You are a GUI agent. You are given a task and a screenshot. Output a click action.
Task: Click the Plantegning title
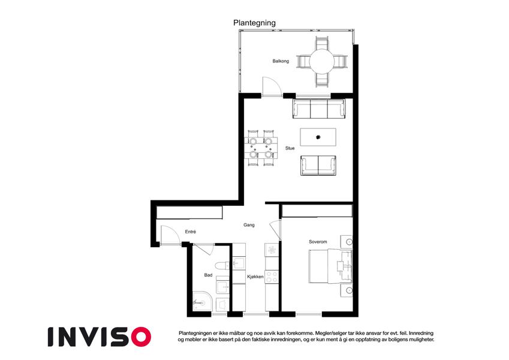pyautogui.click(x=254, y=23)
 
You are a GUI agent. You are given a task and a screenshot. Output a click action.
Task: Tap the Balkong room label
pyautogui.click(x=281, y=61)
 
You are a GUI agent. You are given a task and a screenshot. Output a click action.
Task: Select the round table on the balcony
pyautogui.click(x=322, y=61)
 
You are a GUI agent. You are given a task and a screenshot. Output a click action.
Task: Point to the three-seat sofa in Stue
pyautogui.click(x=319, y=109)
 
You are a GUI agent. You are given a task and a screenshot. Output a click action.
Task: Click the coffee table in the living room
pyautogui.click(x=318, y=137)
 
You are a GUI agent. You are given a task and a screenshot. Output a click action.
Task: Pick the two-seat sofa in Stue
pyautogui.click(x=318, y=166)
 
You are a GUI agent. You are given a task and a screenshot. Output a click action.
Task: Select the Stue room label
pyautogui.click(x=290, y=148)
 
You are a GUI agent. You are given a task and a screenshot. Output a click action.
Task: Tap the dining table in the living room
pyautogui.click(x=261, y=148)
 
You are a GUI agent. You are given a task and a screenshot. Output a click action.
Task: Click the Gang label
pyautogui.click(x=249, y=225)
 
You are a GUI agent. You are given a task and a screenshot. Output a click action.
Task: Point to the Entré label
pyautogui.click(x=191, y=232)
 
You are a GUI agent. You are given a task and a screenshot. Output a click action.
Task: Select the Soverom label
pyautogui.click(x=318, y=242)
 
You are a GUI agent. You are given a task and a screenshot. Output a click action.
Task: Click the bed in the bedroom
pyautogui.click(x=330, y=266)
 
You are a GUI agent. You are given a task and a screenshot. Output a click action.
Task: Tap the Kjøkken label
pyautogui.click(x=255, y=277)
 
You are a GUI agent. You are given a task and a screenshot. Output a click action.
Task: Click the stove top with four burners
pyautogui.click(x=272, y=277)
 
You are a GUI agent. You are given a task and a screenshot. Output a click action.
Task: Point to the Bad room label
pyautogui.click(x=208, y=275)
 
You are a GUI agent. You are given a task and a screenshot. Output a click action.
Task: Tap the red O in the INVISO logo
pyautogui.click(x=141, y=337)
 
